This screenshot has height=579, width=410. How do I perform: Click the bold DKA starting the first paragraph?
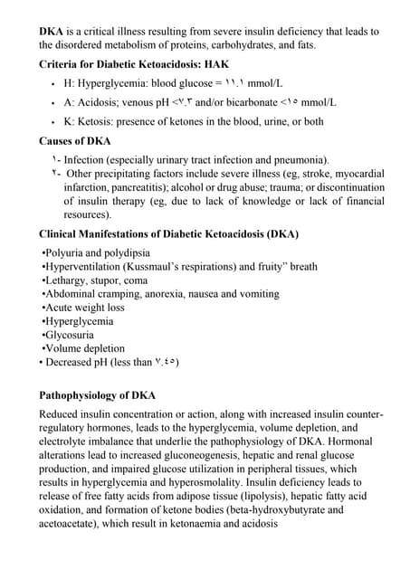point(51,32)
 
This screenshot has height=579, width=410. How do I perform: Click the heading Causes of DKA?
point(74,141)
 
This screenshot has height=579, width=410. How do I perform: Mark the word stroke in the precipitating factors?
point(310,174)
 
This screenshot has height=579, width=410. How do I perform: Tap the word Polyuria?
point(63,253)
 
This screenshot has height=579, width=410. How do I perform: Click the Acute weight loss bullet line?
point(84,308)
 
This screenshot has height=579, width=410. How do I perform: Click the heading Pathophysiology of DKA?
point(97,395)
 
